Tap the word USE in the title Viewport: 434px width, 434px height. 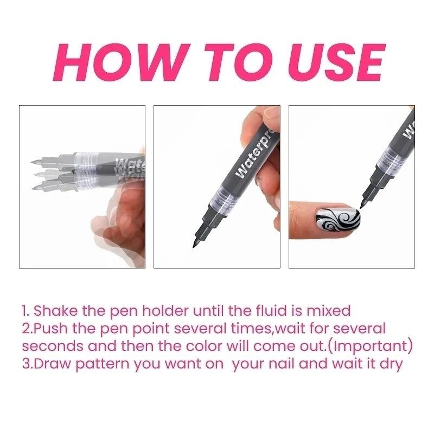tap(337, 62)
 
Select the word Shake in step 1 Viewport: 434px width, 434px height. tap(55, 310)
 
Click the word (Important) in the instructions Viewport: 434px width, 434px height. tap(371, 347)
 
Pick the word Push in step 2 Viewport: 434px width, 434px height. tap(51, 329)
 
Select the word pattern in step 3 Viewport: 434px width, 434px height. tap(103, 364)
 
